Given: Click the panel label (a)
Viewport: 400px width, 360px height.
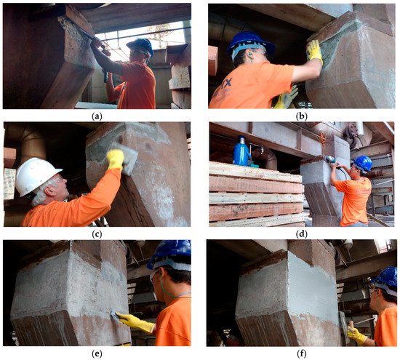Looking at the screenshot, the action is pos(97,116).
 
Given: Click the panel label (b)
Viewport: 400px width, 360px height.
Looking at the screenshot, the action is pos(302,116).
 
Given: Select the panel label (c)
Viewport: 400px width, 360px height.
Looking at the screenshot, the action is pos(97,234).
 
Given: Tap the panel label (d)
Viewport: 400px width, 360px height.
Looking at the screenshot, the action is pos(302,234).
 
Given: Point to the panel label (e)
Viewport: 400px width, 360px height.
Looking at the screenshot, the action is pos(97,353).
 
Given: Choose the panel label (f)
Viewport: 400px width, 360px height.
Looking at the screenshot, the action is pos(302,353).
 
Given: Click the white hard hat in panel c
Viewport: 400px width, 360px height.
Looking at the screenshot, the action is pos(36,175).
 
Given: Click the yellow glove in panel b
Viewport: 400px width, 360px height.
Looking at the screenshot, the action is pos(314,52).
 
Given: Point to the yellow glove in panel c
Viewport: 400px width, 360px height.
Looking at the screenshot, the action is pos(115,160).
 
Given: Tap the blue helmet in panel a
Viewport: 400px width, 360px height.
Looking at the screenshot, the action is pos(141,46).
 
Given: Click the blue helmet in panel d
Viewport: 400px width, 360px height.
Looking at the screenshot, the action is pos(362,164).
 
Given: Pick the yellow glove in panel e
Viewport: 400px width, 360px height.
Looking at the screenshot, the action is pos(135,322).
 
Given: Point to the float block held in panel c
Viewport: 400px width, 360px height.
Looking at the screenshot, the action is pos(125,159).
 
